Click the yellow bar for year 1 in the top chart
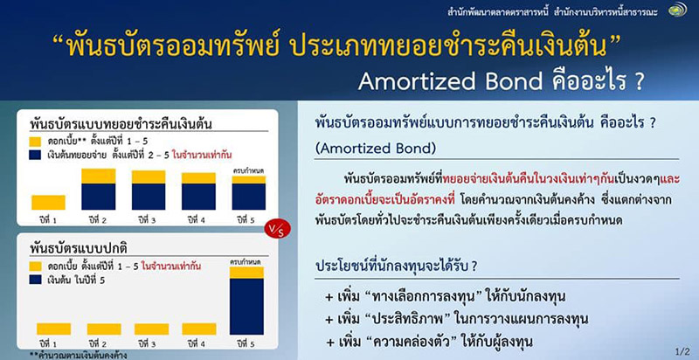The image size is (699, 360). (48, 202)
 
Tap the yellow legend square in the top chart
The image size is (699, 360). (35, 139)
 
